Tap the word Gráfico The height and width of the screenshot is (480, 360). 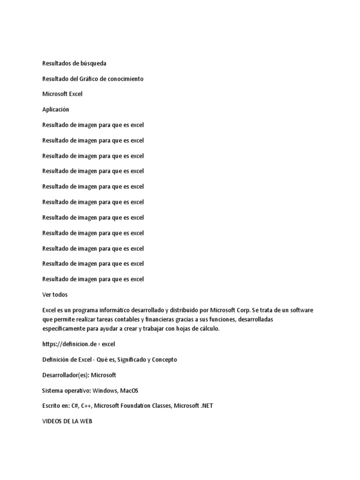(96, 79)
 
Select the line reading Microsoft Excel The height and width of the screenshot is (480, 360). (62, 94)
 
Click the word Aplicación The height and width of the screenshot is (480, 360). (56, 110)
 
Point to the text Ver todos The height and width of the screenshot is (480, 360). (55, 295)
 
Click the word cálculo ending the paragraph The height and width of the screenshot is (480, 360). (207, 329)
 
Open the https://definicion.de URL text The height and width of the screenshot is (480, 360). (69, 345)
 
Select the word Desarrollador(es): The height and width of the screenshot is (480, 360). (66, 375)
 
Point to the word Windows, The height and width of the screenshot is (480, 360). (105, 391)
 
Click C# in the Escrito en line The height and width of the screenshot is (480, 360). (75, 406)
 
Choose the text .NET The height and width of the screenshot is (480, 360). (206, 406)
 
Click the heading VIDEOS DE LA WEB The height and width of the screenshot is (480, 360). (67, 421)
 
